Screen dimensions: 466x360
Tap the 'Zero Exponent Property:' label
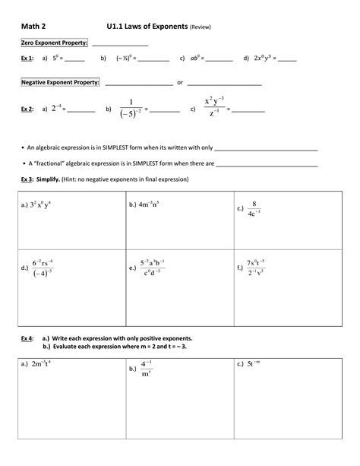[54, 43]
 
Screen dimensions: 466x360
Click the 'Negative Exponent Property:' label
[60, 83]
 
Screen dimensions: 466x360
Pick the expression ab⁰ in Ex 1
[194, 58]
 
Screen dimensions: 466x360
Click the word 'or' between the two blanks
[180, 83]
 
